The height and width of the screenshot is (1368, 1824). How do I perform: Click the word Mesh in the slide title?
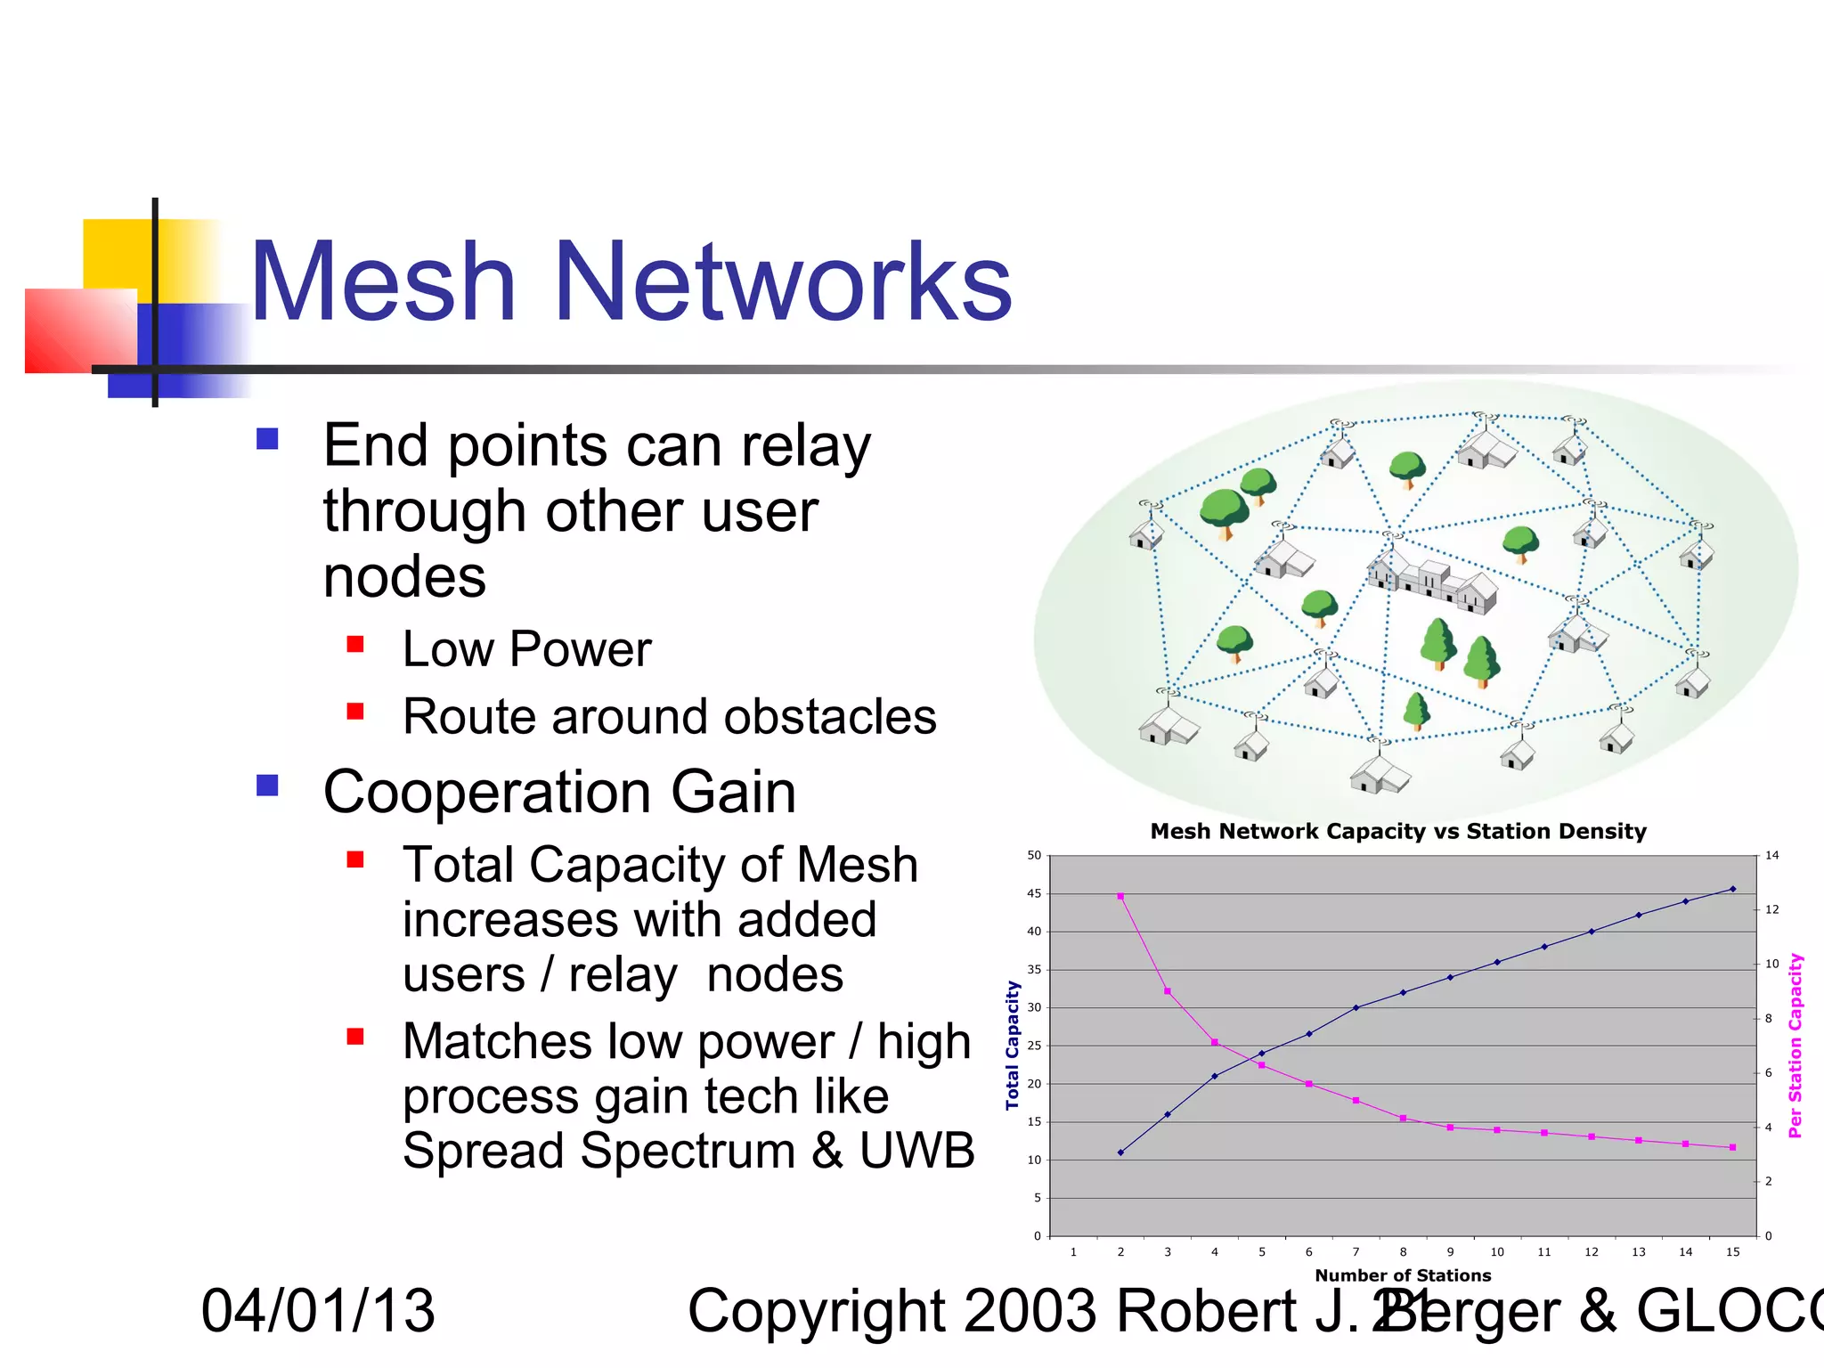383,283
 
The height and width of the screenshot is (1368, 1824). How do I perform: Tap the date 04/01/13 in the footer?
318,1311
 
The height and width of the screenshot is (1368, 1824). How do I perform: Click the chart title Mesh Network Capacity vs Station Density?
1397,831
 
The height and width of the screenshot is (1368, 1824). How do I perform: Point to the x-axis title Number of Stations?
1403,1275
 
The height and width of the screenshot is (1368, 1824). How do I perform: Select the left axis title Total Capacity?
1012,1045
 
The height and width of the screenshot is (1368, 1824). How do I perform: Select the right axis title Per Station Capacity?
1795,1045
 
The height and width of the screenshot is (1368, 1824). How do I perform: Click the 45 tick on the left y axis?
1034,893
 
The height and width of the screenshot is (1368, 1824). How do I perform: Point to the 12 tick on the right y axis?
1772,909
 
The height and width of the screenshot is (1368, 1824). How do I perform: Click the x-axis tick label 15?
1732,1252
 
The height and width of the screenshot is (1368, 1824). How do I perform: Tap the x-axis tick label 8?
1403,1252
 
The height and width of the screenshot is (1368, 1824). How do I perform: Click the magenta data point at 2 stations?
1120,896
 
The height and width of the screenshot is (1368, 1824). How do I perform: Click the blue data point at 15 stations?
1732,889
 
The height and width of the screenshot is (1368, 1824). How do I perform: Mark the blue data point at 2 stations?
1120,1152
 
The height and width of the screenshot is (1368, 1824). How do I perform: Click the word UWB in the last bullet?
916,1151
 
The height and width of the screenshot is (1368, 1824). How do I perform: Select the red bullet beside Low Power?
355,644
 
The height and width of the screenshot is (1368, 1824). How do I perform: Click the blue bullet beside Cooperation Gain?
267,785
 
